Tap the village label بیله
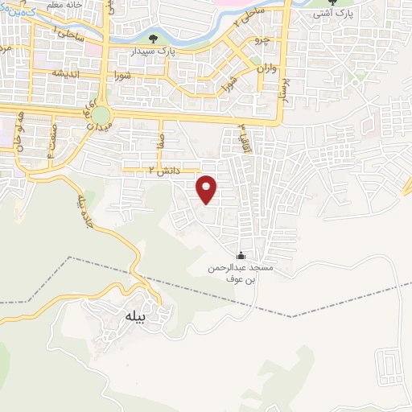134,317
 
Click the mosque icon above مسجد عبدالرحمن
242,255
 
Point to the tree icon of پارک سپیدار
154,39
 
